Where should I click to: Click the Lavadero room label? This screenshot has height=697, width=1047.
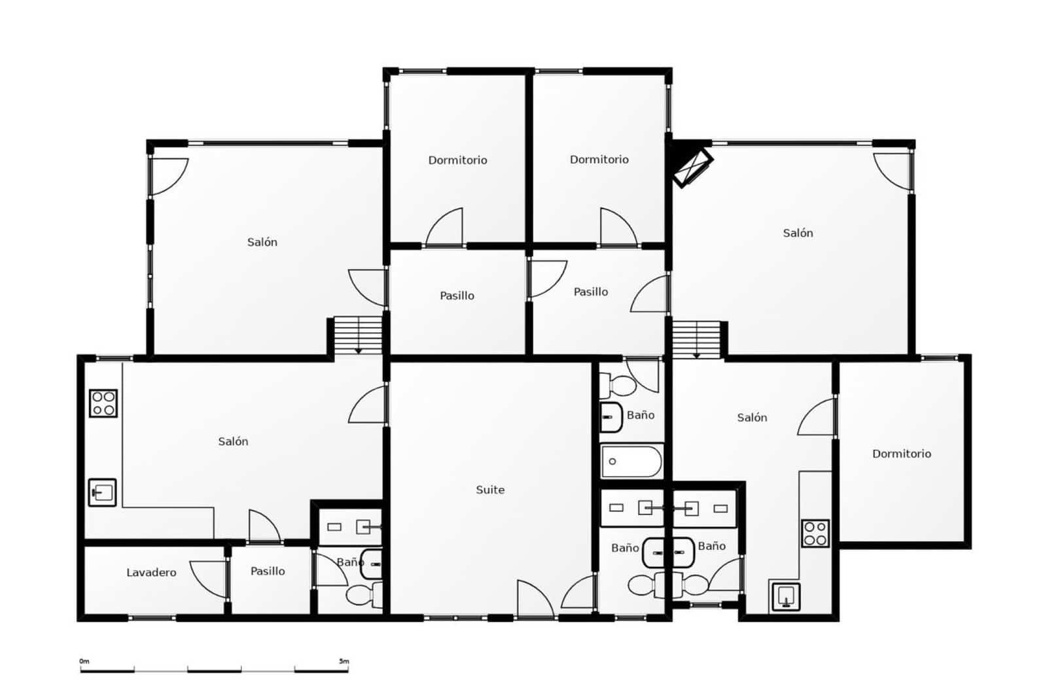(x=151, y=573)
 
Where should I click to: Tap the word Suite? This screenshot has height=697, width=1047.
(x=490, y=490)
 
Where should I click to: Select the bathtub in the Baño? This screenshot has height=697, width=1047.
(x=631, y=461)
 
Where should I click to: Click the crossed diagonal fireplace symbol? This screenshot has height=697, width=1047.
(x=693, y=167)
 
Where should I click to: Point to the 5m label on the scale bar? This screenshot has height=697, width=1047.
(x=344, y=662)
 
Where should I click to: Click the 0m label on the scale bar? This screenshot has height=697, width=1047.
(x=84, y=662)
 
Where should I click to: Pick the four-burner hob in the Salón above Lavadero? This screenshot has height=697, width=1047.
(x=103, y=403)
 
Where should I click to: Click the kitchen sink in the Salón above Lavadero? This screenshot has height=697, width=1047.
(x=103, y=492)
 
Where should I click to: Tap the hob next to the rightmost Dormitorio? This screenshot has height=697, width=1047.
(x=815, y=533)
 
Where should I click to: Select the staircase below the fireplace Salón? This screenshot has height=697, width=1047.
(x=696, y=339)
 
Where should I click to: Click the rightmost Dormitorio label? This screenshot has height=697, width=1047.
(x=901, y=454)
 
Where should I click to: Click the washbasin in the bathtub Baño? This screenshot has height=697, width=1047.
(x=611, y=417)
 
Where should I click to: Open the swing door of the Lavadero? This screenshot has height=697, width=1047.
(x=208, y=579)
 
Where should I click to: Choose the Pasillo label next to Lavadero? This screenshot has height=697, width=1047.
(x=268, y=571)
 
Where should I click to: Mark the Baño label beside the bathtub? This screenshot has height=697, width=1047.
(x=640, y=415)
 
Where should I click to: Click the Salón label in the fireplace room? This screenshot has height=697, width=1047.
(x=798, y=233)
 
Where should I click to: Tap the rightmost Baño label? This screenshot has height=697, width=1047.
(x=711, y=546)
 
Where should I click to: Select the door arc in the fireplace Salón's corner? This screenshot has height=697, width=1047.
(x=892, y=171)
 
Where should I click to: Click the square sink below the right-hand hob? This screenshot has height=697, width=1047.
(x=786, y=596)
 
